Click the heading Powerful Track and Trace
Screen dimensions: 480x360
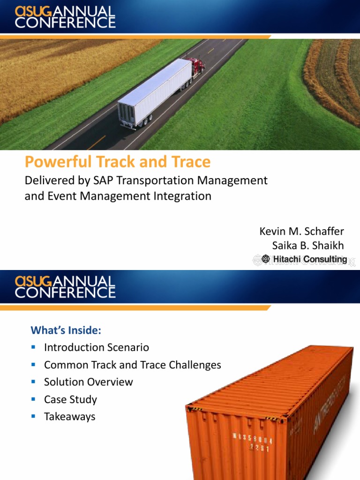click(118, 162)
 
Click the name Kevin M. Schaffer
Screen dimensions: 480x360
click(301, 232)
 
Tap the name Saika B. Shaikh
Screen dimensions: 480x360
click(308, 245)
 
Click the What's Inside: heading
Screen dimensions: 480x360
click(66, 330)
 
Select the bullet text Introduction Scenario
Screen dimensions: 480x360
click(96, 347)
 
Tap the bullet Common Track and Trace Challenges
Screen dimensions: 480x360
click(132, 365)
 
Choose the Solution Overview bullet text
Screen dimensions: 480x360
click(88, 382)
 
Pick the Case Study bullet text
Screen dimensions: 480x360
click(70, 399)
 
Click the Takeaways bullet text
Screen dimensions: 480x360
click(69, 417)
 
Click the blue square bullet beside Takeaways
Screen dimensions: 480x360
click(33, 416)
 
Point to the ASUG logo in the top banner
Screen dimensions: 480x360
click(34, 10)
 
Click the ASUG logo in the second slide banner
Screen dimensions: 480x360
click(34, 281)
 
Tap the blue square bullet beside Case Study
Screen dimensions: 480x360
click(33, 399)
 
